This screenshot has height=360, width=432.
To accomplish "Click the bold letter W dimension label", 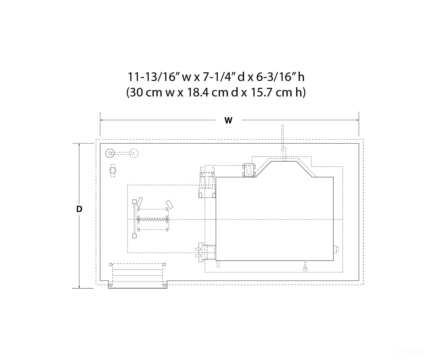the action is pyautogui.click(x=228, y=120).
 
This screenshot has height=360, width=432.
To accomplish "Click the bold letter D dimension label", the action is pyautogui.click(x=79, y=209).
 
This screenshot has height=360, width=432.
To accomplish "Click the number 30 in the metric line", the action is pyautogui.click(x=136, y=93).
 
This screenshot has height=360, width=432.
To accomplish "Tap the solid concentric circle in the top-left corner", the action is pyautogui.click(x=110, y=153).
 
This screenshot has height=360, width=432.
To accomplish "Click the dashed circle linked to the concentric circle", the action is pyautogui.click(x=134, y=153).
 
